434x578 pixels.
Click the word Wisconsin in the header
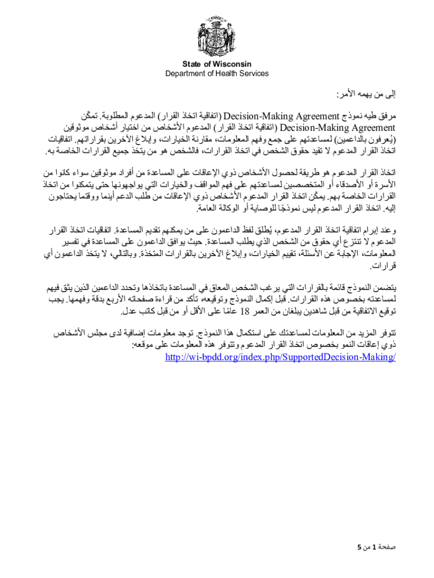pyautogui.click(x=232, y=64)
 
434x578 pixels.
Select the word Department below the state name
pyautogui.click(x=185, y=73)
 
